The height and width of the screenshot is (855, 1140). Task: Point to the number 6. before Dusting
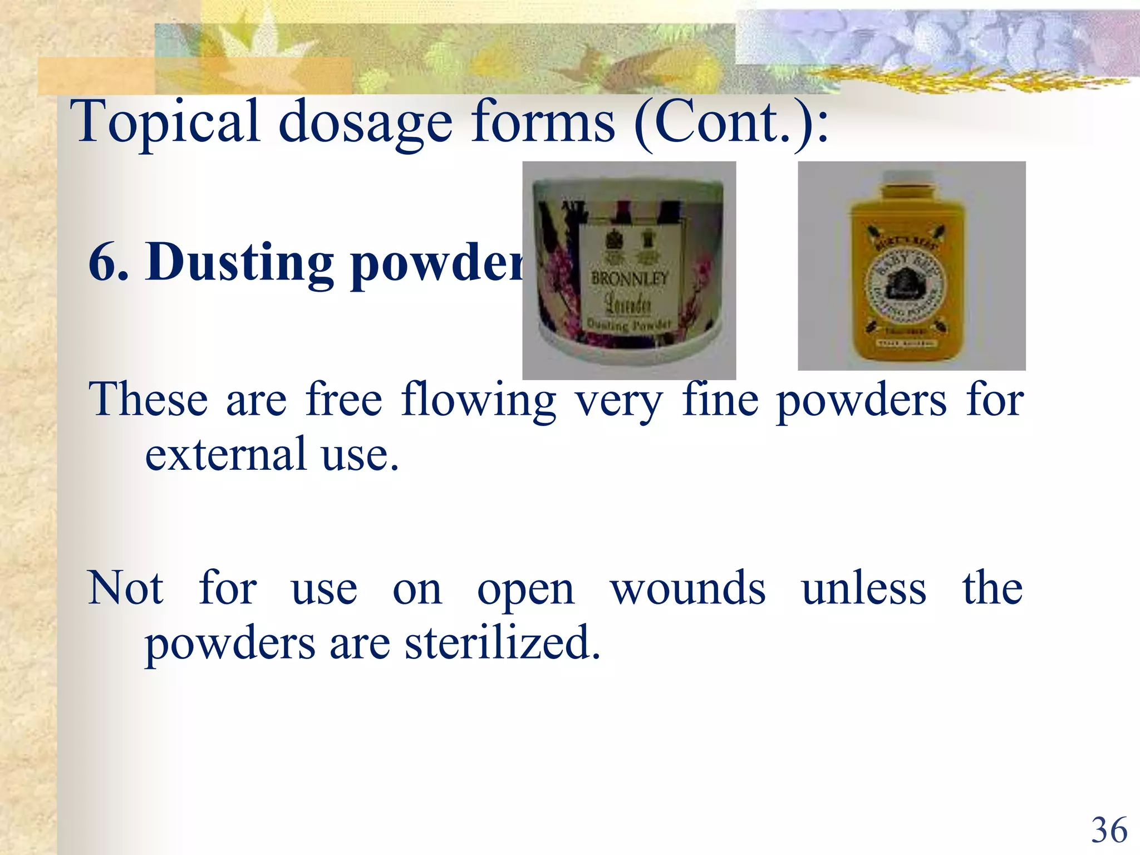coord(109,263)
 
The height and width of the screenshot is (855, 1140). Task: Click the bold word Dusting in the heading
coord(239,263)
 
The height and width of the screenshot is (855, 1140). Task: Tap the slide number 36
coord(1109,830)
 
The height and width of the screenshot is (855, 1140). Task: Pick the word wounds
coord(688,589)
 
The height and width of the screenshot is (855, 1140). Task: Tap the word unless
coord(864,589)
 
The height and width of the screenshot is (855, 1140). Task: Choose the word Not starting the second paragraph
coord(126,589)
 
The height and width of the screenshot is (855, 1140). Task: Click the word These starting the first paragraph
coord(148,400)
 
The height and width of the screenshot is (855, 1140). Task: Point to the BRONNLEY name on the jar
coord(630,278)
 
